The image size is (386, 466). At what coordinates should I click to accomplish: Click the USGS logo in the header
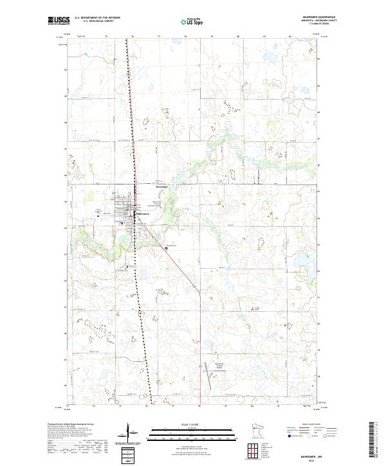coord(59,21)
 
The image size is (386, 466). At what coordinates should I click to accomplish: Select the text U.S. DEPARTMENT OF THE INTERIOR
coord(97,18)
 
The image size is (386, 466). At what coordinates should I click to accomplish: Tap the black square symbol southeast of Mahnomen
coord(167,247)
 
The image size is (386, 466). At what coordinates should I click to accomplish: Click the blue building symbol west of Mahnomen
coord(122,222)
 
